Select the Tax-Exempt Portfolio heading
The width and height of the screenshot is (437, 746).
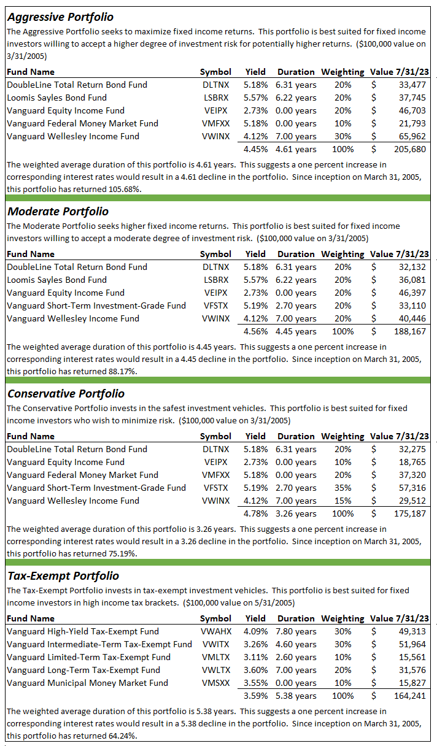point(63,576)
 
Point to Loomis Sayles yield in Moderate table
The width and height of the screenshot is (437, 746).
point(255,280)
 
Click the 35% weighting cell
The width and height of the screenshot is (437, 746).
point(343,488)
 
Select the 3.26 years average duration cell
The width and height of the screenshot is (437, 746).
point(296,513)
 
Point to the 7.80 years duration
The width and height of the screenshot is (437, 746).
point(296,631)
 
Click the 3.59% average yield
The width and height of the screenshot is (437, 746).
point(255,696)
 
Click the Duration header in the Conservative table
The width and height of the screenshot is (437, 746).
point(296,436)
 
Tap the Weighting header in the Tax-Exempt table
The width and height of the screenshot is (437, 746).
point(342,618)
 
